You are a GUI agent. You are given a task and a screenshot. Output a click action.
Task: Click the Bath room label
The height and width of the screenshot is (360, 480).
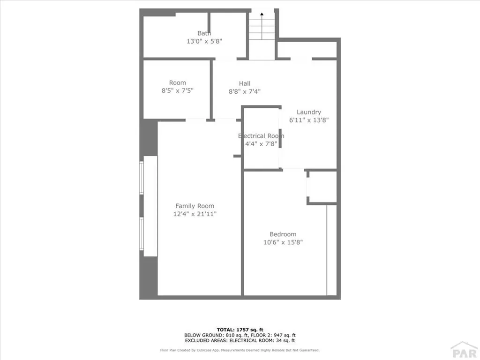[204, 33]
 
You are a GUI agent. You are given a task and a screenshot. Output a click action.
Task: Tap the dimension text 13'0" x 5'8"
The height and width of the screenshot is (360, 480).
[204, 41]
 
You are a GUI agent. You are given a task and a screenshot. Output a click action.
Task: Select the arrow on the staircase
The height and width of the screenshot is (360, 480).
[262, 15]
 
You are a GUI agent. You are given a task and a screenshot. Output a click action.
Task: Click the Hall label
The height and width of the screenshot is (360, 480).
[245, 84]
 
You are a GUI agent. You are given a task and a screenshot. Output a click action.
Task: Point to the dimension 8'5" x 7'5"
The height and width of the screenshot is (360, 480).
[177, 91]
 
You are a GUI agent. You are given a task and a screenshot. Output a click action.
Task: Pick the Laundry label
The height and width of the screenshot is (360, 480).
[308, 112]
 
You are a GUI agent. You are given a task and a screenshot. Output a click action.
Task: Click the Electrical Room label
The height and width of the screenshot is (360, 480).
[261, 136]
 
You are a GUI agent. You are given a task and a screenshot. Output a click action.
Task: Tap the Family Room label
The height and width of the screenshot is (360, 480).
[195, 206]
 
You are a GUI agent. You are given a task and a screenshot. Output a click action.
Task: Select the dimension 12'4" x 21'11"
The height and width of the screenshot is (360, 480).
[195, 214]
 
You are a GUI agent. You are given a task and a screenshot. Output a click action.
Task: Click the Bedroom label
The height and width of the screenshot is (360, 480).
[283, 234]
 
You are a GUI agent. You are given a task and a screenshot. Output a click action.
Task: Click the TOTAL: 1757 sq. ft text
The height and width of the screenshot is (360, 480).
[240, 330]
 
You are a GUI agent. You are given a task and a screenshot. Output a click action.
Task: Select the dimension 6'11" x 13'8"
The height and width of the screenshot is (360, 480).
[308, 120]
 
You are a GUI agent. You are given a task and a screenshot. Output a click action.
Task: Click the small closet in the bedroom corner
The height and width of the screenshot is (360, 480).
[322, 187]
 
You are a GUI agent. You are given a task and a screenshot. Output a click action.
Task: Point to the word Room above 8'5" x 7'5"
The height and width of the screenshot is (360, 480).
[177, 83]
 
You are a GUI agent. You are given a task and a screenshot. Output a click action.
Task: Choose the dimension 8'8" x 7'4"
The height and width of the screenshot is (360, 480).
[245, 92]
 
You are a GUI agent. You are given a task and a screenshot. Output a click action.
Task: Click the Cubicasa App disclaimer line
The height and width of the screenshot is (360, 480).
[240, 350]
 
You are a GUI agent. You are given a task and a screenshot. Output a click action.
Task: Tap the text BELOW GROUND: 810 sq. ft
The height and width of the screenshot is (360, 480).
[210, 335]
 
